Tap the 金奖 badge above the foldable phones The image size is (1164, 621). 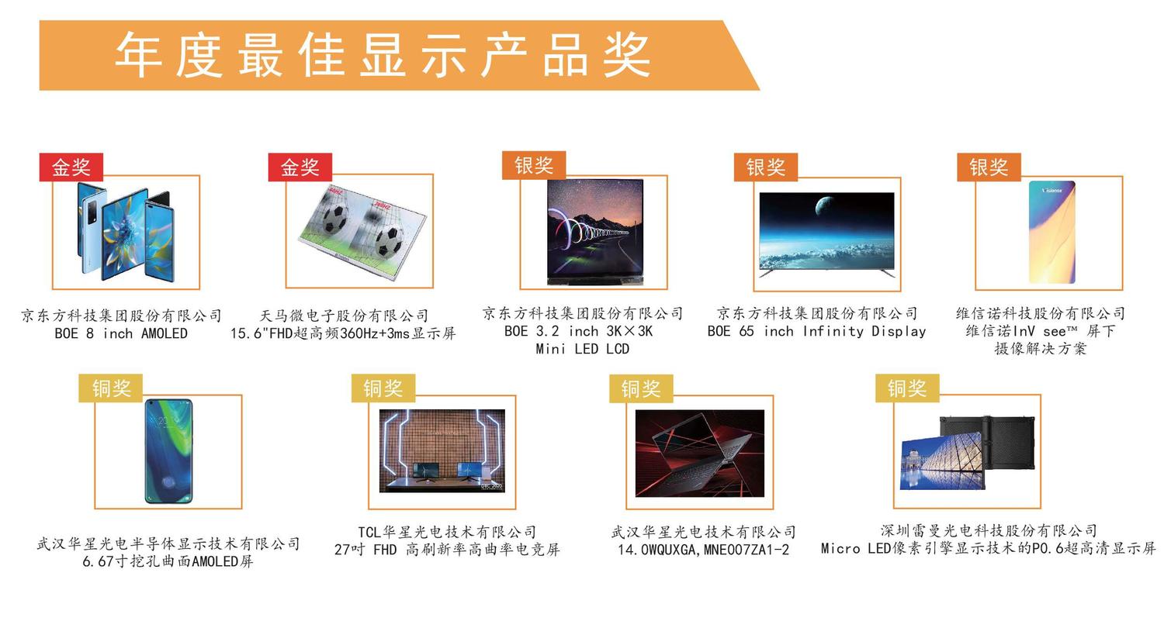tap(71, 167)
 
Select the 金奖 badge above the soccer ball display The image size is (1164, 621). tap(300, 167)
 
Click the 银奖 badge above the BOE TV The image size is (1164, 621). tap(765, 167)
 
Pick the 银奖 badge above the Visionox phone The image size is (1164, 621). tap(989, 167)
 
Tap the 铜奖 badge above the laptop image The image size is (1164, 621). tap(641, 388)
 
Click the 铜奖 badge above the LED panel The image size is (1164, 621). tap(907, 388)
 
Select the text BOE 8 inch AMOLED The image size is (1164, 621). tap(121, 333)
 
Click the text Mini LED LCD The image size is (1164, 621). tap(583, 349)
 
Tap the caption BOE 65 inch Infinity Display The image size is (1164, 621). tap(816, 331)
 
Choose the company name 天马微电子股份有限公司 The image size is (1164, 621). tap(344, 316)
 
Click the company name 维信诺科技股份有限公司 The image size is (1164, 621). tap(1041, 313)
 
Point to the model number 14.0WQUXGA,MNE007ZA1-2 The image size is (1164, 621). tap(704, 550)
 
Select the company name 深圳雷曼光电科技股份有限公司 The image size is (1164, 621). tap(989, 530)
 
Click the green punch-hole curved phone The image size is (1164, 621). tap(168, 451)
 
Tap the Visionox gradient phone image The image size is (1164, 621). tap(1051, 232)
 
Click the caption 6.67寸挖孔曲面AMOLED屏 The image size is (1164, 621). tap(168, 561)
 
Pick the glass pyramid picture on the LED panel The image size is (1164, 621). tap(942, 461)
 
